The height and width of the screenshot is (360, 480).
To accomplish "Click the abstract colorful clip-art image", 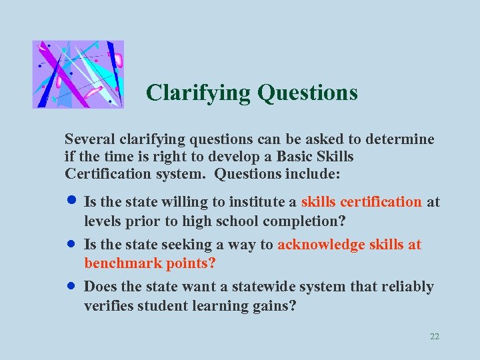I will [78, 74].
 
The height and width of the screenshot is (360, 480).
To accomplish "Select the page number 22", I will [435, 337].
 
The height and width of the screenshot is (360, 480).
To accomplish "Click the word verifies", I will [107, 306].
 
